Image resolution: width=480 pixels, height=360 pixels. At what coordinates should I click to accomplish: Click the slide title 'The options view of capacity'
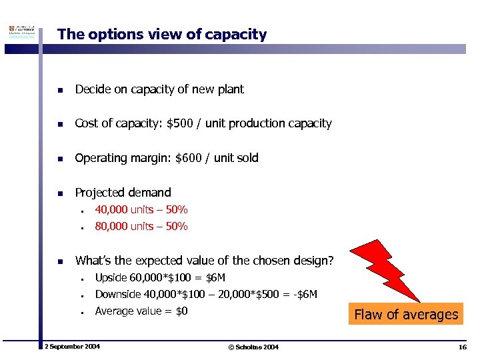pos(162,35)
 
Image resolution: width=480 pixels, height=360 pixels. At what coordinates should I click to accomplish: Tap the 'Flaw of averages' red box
pos(406,314)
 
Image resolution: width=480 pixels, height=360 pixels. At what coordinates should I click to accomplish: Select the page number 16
pos(463,347)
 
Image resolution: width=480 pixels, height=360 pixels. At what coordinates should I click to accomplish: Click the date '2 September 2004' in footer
pos(72,347)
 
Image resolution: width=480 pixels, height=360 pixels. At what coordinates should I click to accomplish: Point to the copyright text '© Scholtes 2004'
pos(253,347)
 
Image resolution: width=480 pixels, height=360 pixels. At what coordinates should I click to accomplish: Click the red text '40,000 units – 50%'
pos(141,210)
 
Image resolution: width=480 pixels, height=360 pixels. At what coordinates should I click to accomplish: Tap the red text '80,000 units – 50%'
pos(141,227)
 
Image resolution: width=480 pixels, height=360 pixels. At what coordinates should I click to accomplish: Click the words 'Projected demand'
pos(123,193)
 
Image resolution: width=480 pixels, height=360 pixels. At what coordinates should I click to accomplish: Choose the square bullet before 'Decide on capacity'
pos(60,90)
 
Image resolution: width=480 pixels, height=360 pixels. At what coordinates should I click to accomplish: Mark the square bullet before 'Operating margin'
pos(60,159)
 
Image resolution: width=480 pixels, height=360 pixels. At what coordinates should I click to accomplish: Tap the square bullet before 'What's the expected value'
pos(60,261)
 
